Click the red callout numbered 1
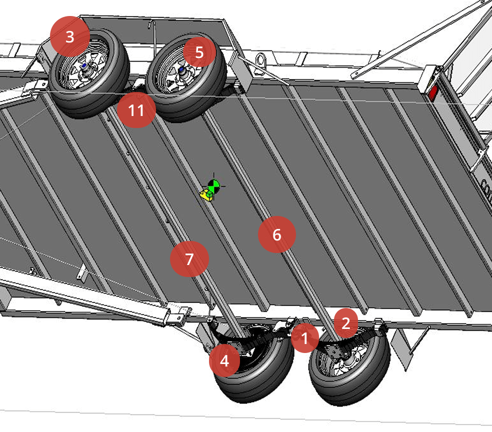click(x=305, y=338)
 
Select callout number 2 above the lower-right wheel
click(x=346, y=323)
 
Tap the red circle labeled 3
click(x=70, y=36)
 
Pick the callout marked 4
click(x=224, y=360)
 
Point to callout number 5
click(x=199, y=52)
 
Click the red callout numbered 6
click(x=277, y=234)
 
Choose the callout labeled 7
click(x=189, y=259)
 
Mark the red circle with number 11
click(x=136, y=110)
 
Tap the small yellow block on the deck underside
click(x=206, y=194)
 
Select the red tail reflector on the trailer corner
click(x=433, y=92)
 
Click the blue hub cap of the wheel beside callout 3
click(x=84, y=66)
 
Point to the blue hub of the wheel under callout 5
click(x=181, y=70)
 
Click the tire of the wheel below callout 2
click(x=370, y=380)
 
